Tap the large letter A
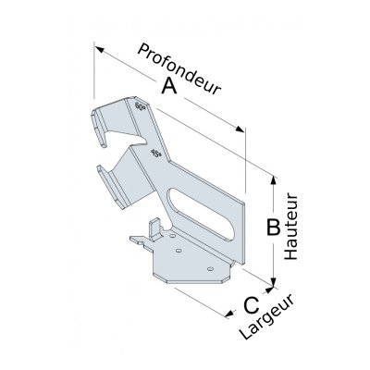[x=169, y=85]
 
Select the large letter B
[x=273, y=228]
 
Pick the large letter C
[x=252, y=305]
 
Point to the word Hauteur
[x=290, y=227]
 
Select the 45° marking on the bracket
[x=156, y=154]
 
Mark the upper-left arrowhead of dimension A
[x=99, y=49]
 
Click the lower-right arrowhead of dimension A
[x=240, y=129]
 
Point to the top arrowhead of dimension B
[x=273, y=179]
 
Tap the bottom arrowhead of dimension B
[x=273, y=281]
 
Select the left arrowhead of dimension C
[x=228, y=314]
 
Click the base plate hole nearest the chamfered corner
[x=211, y=269]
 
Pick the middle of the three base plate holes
[x=178, y=251]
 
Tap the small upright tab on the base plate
[x=155, y=229]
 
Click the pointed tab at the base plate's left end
[x=138, y=240]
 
